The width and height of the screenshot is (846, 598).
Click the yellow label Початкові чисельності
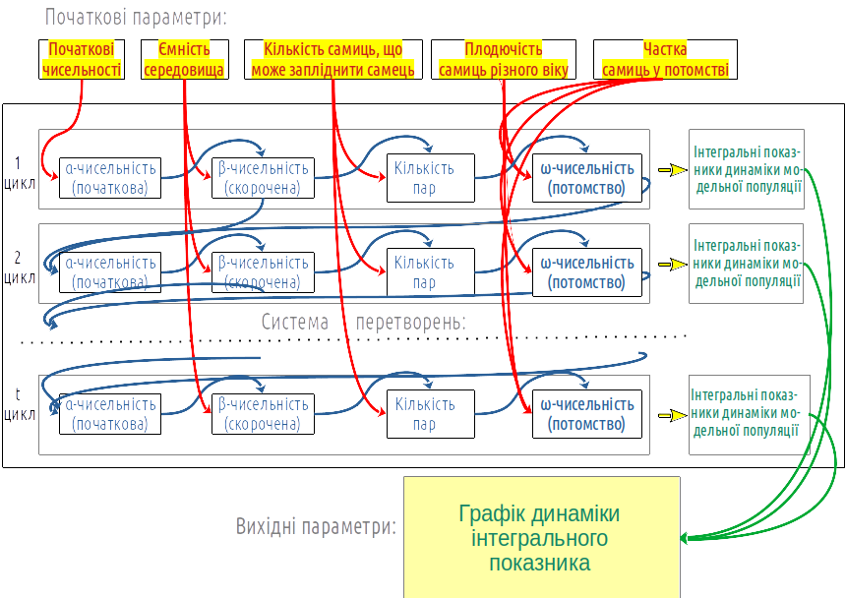pos(83,59)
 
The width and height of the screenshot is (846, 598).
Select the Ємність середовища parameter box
pos(185,59)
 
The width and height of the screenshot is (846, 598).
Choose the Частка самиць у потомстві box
pos(664,59)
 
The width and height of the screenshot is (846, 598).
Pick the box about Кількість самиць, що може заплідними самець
pos(332,59)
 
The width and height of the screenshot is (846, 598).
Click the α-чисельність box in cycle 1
pos(109,178)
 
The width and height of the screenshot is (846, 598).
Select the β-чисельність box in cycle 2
pos(262,272)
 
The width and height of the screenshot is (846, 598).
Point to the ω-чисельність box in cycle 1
pos(587,178)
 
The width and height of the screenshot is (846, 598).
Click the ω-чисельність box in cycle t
pos(587,414)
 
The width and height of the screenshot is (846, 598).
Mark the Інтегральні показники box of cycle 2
pos(746,264)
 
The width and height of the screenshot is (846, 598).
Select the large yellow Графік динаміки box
pos(541,537)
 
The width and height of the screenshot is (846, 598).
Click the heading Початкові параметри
pos(135,17)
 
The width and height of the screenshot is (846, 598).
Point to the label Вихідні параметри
pos(316,526)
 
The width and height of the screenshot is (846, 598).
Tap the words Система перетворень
pos(363,322)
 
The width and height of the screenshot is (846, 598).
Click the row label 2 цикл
pos(19,268)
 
